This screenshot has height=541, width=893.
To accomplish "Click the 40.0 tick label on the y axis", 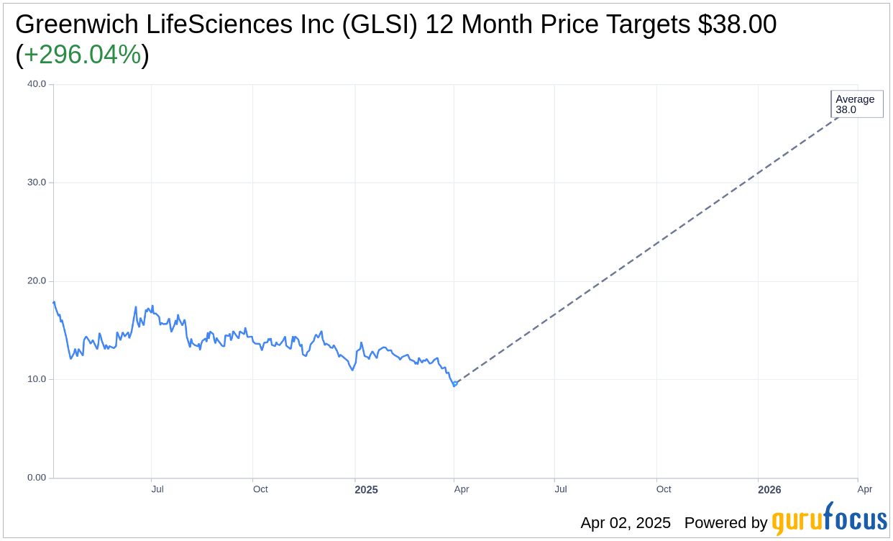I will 37,83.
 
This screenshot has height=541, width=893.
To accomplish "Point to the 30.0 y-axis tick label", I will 37,182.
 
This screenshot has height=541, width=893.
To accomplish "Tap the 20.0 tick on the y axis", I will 37,281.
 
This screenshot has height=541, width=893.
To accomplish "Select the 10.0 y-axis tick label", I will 37,379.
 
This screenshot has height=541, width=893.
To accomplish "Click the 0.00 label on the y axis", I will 37,478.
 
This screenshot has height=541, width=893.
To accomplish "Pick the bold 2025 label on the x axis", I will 366,490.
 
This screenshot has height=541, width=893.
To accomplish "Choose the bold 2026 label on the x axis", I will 769,490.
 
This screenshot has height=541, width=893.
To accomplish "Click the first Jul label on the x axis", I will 157,489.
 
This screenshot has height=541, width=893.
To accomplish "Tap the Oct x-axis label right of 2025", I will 664,489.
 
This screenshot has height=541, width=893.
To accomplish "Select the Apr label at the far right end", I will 865,489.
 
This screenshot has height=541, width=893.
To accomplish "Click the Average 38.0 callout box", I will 856,104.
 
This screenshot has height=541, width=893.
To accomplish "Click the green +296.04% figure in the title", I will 83,55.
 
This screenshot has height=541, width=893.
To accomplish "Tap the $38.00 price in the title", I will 737,24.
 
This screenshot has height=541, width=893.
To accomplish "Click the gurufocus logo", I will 829,519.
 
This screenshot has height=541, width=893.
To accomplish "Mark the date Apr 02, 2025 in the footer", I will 626,523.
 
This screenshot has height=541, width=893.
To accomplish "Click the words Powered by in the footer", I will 725,523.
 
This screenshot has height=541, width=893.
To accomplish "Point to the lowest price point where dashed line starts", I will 454,385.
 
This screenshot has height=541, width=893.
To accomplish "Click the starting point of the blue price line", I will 54,302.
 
